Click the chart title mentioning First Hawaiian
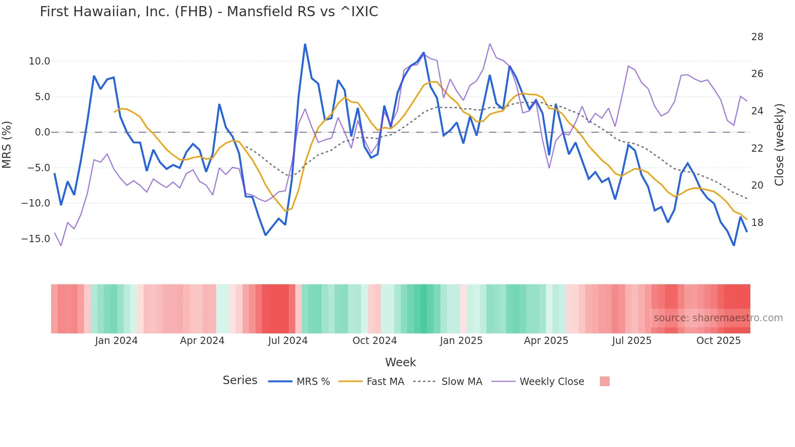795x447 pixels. click(x=209, y=12)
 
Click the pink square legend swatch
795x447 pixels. click(x=604, y=381)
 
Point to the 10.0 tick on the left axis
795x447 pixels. click(x=39, y=61)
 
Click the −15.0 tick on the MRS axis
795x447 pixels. click(x=36, y=239)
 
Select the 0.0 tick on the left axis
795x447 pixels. click(x=42, y=132)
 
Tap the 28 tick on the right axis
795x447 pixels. click(x=757, y=37)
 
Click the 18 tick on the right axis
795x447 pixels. click(x=757, y=223)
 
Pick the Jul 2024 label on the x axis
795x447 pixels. click(x=288, y=341)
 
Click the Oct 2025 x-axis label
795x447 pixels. click(x=718, y=341)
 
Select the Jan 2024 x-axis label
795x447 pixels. click(x=116, y=341)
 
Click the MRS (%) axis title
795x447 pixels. click(x=7, y=144)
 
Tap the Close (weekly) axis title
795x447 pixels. click(x=779, y=145)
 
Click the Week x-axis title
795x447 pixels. click(x=400, y=362)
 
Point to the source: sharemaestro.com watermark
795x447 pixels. click(x=718, y=318)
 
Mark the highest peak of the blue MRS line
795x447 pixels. click(x=305, y=44)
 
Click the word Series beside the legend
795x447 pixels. click(x=240, y=380)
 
